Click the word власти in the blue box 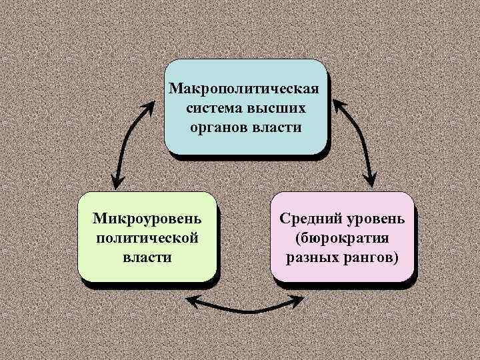coord(277,127)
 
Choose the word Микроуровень coord(147,219)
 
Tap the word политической coord(147,237)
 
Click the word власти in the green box coord(147,256)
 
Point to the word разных coord(313,257)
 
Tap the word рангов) coord(371,257)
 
